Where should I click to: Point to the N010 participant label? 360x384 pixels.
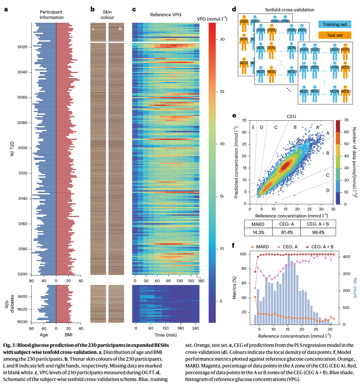pyautogui.click(x=23, y=297)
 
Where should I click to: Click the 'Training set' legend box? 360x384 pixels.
pyautogui.click(x=335, y=24)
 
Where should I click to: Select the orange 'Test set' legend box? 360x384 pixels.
pyautogui.click(x=335, y=35)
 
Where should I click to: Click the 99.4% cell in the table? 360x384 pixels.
pyautogui.click(x=317, y=232)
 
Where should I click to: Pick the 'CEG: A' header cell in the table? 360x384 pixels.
pyautogui.click(x=286, y=224)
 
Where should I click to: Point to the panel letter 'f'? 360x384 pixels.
pyautogui.click(x=233, y=246)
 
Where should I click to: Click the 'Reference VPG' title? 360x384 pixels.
pyautogui.click(x=166, y=15)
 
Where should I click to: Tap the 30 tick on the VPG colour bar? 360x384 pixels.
pyautogui.click(x=222, y=39)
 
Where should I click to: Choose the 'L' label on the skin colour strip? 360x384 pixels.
pyautogui.click(x=94, y=29)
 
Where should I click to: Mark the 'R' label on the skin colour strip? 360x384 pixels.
pyautogui.click(x=120, y=29)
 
